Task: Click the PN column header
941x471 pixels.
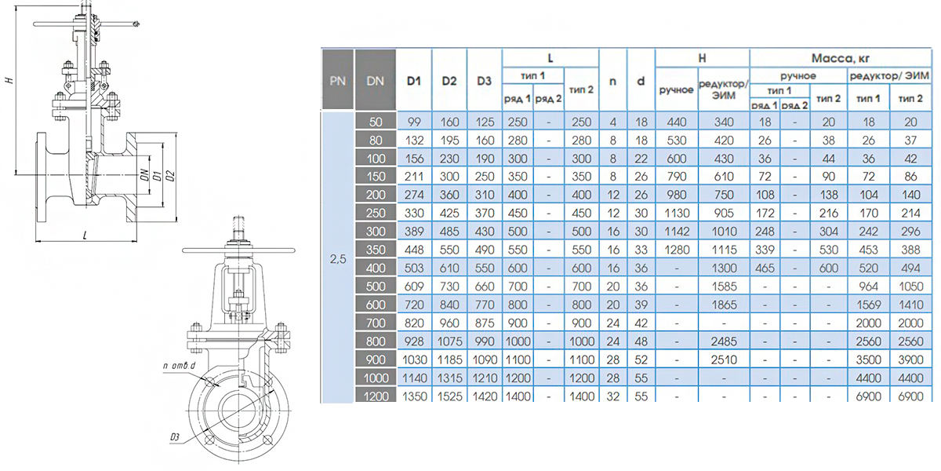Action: point(338,81)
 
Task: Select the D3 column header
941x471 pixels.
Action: point(484,81)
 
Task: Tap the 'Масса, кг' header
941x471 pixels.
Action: point(840,58)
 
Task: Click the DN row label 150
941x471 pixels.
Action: point(376,177)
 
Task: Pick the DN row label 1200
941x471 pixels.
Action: point(376,396)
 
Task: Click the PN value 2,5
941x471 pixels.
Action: point(338,260)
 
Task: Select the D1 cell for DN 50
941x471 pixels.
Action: point(414,122)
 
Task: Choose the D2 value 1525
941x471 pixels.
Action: point(449,396)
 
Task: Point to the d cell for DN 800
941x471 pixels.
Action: point(641,341)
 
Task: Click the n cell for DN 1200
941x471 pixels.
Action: point(613,396)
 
